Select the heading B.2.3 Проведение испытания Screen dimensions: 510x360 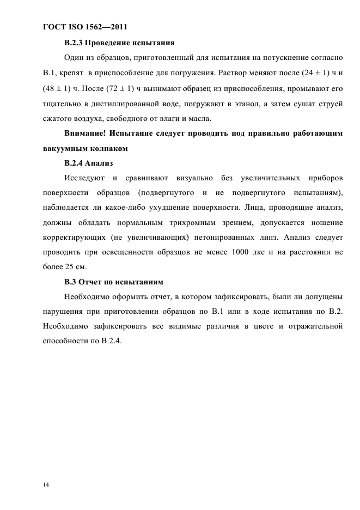[x=119, y=42]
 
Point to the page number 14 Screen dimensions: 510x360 [x=46, y=483]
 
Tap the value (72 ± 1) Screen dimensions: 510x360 [x=116, y=88]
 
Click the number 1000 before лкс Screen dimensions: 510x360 [x=242, y=252]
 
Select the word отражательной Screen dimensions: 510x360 [x=310, y=327]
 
